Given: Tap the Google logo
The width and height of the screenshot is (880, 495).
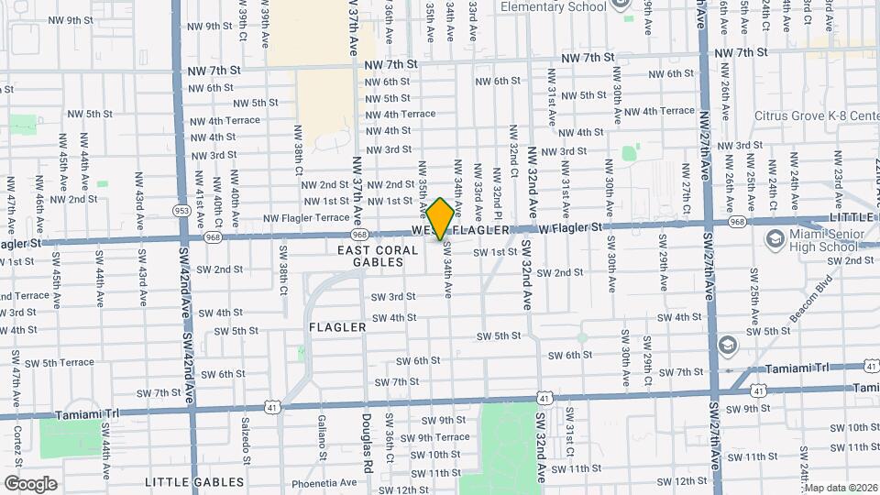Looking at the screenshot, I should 30,483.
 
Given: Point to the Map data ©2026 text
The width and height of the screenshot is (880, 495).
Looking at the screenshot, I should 841,488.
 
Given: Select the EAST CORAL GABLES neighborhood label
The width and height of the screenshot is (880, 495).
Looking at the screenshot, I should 370,256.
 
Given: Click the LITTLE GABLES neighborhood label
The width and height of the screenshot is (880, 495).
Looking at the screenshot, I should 194,482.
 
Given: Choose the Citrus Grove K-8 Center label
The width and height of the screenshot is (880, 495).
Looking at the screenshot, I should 816,116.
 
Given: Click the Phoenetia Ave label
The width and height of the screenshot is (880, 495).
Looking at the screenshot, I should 323,482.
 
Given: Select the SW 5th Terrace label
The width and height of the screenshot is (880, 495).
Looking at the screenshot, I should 59,363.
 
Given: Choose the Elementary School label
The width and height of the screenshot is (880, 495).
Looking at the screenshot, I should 554,6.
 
